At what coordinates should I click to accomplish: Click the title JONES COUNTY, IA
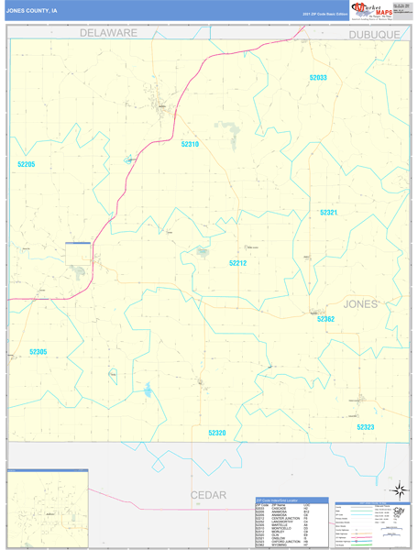point(32,12)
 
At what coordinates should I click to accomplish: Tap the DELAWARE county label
point(107,32)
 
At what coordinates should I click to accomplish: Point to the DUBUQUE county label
point(374,34)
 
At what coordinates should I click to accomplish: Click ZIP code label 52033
point(318,78)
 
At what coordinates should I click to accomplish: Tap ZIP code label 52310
point(190,144)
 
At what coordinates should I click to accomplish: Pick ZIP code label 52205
point(26,164)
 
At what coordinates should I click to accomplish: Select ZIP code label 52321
point(329,213)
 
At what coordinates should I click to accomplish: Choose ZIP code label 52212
point(237,263)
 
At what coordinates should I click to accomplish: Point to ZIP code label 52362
point(325,319)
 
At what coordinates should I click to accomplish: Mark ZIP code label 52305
point(38,352)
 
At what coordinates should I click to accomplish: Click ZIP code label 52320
point(216,433)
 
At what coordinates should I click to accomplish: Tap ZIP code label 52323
point(366,427)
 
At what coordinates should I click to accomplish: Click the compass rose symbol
point(399,490)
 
